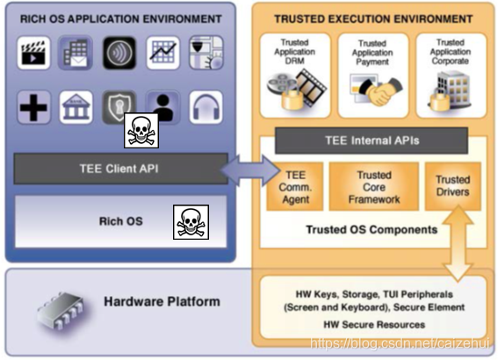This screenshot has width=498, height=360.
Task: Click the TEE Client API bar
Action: (x=120, y=169)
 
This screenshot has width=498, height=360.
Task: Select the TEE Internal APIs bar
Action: (x=372, y=140)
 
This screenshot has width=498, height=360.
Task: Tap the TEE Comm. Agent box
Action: (x=295, y=187)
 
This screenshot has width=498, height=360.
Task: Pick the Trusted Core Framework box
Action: (x=374, y=187)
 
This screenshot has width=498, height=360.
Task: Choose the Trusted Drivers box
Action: (x=452, y=186)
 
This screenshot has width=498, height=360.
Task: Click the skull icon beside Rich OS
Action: (x=191, y=222)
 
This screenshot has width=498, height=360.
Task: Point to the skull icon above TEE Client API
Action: (x=141, y=131)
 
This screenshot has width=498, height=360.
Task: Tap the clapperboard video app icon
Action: (x=33, y=53)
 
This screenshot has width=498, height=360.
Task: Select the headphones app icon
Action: (x=206, y=107)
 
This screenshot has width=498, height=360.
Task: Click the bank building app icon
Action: (x=76, y=107)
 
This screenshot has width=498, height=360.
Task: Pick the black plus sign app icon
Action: (x=33, y=107)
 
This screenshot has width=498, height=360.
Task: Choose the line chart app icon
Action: (x=163, y=53)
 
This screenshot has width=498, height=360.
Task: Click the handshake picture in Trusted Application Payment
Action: (x=376, y=90)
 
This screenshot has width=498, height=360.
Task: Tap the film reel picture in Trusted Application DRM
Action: (x=297, y=90)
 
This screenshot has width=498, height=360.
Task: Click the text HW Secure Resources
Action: (x=374, y=325)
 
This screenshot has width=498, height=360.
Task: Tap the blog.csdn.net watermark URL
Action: (x=400, y=343)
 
